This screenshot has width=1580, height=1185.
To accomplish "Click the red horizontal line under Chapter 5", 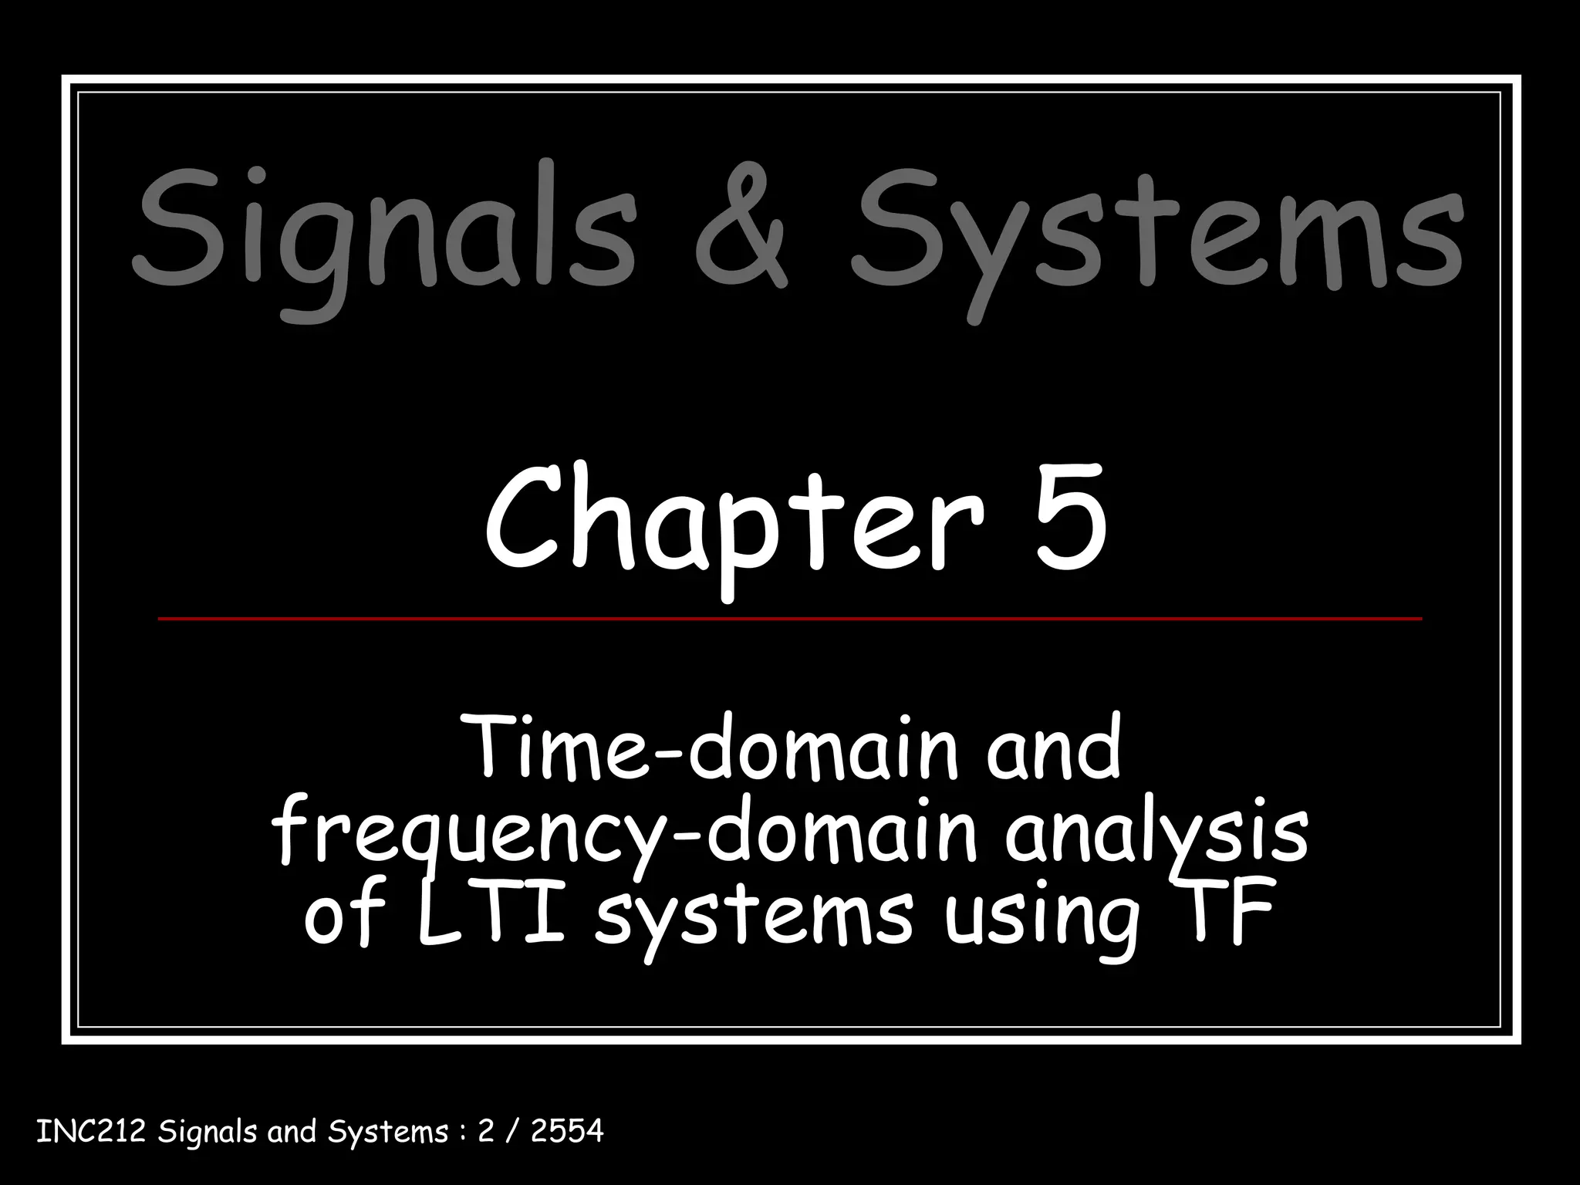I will point(789,619).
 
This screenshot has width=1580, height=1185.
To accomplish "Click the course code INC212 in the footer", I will point(91,1132).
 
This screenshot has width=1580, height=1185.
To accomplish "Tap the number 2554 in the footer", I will point(567,1132).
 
